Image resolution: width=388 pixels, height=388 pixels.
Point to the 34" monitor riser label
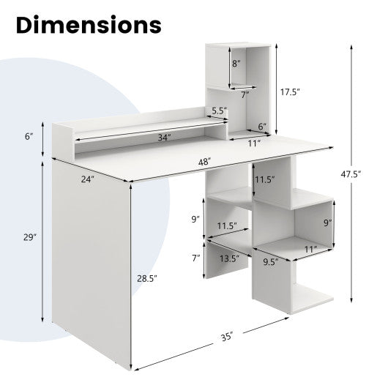click(163, 137)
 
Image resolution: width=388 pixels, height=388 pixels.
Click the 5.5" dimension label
click(219, 111)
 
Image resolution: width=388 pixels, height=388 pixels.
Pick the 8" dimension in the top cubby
click(236, 63)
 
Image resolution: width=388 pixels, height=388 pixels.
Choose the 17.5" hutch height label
click(291, 92)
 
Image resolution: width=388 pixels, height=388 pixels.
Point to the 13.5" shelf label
click(229, 258)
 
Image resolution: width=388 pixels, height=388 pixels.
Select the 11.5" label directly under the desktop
click(264, 179)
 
